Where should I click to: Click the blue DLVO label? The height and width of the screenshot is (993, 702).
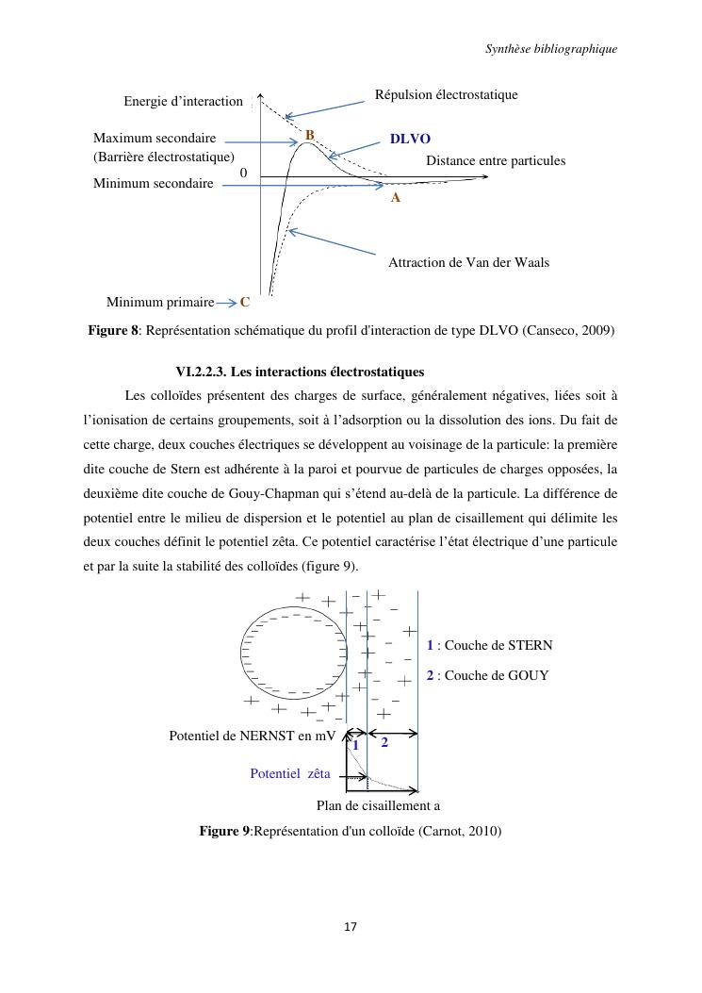410,139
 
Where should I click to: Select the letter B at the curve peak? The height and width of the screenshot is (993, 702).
309,135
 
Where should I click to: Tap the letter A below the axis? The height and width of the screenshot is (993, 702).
396,198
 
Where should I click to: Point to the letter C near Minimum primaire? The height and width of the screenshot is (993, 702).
245,303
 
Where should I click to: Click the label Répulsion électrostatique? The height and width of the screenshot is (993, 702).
447,95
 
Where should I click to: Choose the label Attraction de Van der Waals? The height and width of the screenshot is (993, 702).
468,262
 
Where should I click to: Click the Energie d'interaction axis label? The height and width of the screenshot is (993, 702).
183,101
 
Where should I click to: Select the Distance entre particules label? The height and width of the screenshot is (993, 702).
496,161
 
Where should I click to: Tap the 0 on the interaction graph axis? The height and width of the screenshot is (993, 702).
244,174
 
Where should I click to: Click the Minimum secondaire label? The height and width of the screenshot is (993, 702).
153,183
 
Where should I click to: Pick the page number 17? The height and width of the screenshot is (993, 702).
350,928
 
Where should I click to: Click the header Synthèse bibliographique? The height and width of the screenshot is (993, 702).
551,49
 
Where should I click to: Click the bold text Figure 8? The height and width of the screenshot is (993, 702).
113,330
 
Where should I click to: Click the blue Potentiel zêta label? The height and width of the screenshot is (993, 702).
290,773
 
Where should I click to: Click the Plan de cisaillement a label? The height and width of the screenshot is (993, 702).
378,805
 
